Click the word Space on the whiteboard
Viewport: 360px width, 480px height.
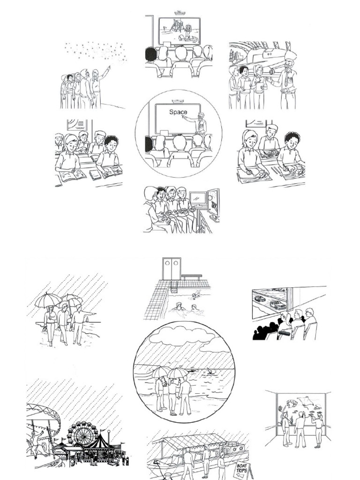(x=178, y=112)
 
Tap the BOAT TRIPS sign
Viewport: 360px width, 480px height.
(x=242, y=469)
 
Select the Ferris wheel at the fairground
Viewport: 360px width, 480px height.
(x=80, y=434)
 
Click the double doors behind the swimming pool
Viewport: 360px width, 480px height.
(x=171, y=269)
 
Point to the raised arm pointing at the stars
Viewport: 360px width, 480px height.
(x=105, y=72)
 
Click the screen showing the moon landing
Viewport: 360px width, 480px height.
(x=180, y=31)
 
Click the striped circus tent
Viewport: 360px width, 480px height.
(x=99, y=443)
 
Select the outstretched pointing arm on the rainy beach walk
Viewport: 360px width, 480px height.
(x=90, y=314)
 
